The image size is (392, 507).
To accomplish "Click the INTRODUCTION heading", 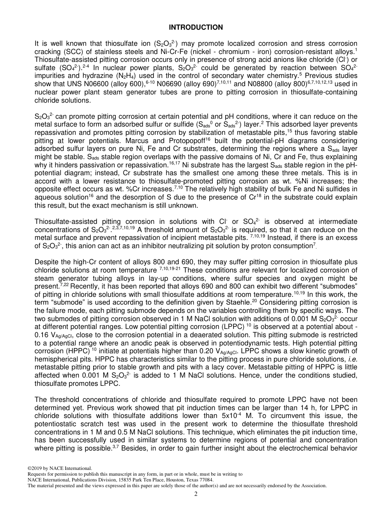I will click(196, 28).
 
